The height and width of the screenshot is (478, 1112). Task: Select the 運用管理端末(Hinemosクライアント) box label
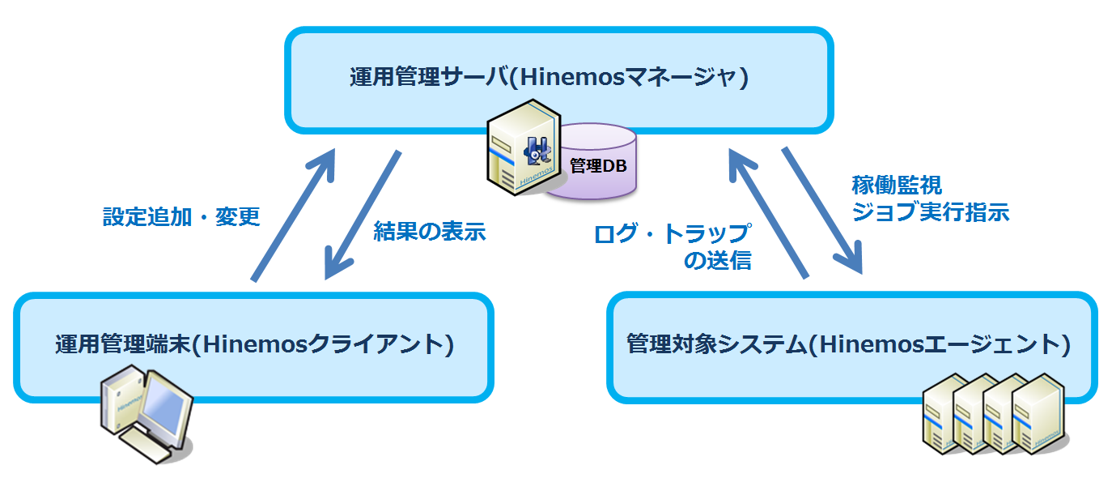tap(254, 344)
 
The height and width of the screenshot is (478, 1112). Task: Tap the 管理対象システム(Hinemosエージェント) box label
tap(849, 344)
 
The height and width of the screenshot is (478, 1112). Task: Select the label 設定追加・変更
tap(181, 217)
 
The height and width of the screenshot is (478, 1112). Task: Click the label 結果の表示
tap(429, 232)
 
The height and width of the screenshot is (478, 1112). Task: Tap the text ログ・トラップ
tap(672, 235)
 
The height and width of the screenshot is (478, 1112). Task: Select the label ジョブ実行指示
tap(931, 212)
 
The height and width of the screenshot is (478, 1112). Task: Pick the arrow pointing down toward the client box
tap(363, 215)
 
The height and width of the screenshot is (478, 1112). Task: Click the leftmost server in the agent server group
tap(945, 413)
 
